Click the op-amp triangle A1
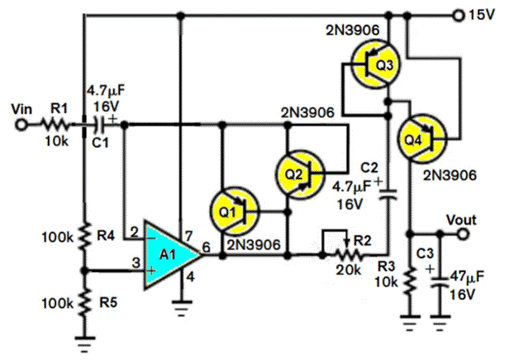point(169,255)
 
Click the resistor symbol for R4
point(85,237)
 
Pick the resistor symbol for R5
point(85,301)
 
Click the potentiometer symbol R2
point(342,253)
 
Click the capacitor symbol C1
point(101,125)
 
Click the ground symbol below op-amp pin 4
point(179,309)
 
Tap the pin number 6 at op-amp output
point(209,245)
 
